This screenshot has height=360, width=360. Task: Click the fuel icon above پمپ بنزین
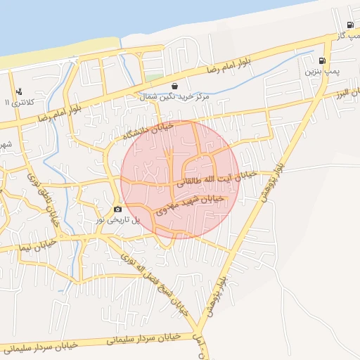pyautogui.click(x=323, y=61)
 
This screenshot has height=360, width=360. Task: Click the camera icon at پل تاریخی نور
pyautogui.click(x=117, y=209)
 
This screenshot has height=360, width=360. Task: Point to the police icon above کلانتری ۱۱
pyautogui.click(x=18, y=91)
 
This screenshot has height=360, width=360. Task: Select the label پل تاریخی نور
pyautogui.click(x=118, y=220)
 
